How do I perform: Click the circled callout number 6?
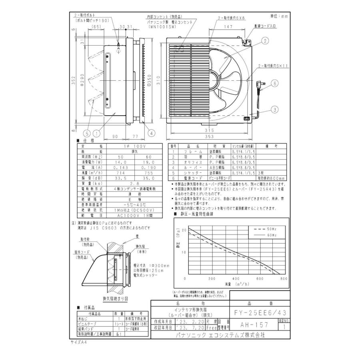[x=275, y=84]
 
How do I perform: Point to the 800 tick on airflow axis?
[x=284, y=278]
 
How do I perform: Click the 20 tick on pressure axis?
[x=184, y=230]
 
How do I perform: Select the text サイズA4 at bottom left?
[x=78, y=343]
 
